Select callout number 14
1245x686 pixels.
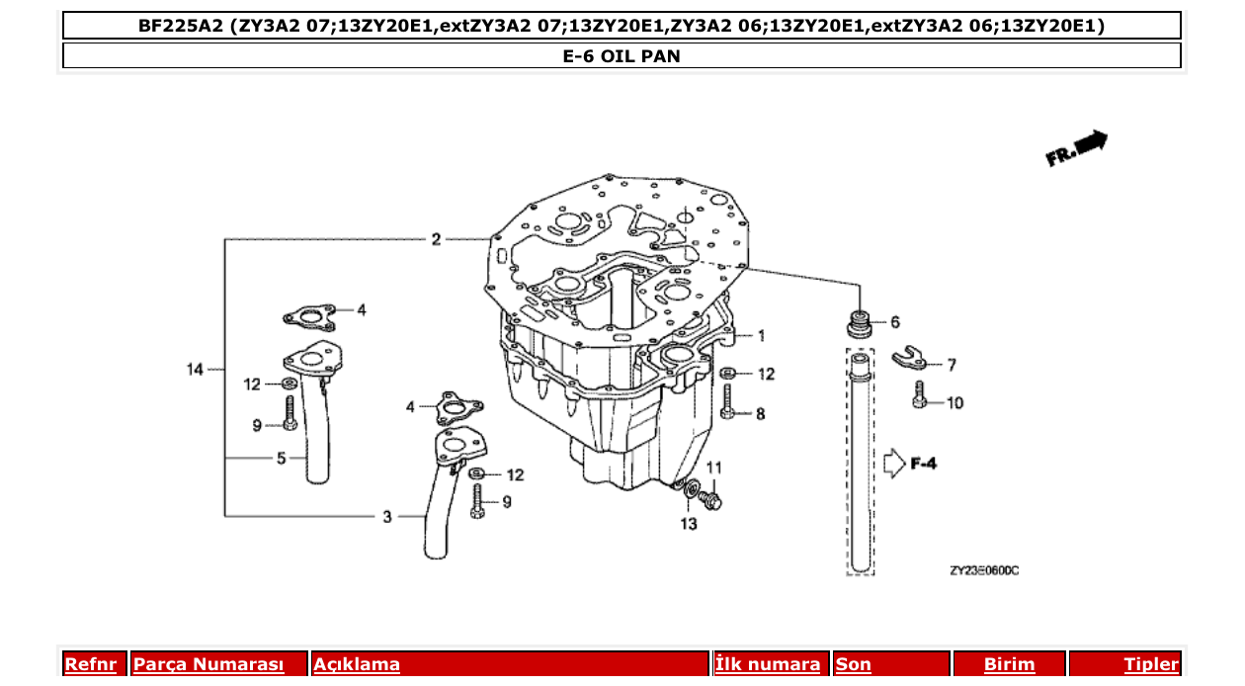[x=196, y=370]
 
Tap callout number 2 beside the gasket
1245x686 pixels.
[x=436, y=239]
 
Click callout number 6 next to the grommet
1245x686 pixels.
[x=895, y=322]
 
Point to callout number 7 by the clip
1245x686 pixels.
[x=952, y=366]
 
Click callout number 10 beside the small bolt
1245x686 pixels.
[x=954, y=403]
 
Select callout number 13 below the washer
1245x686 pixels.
[x=689, y=524]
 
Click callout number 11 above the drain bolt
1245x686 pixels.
[x=714, y=467]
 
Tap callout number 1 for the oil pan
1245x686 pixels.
[x=762, y=336]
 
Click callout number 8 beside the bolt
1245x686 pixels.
[x=760, y=415]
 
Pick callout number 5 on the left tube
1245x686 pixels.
[x=281, y=459]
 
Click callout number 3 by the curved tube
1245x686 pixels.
[x=387, y=516]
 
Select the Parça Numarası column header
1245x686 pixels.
[x=208, y=664]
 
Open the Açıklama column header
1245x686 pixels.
[x=357, y=664]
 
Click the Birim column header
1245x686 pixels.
[x=1009, y=664]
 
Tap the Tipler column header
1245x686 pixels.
[x=1150, y=664]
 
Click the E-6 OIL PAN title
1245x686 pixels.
[x=622, y=56]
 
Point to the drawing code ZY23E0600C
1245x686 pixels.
[x=984, y=571]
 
